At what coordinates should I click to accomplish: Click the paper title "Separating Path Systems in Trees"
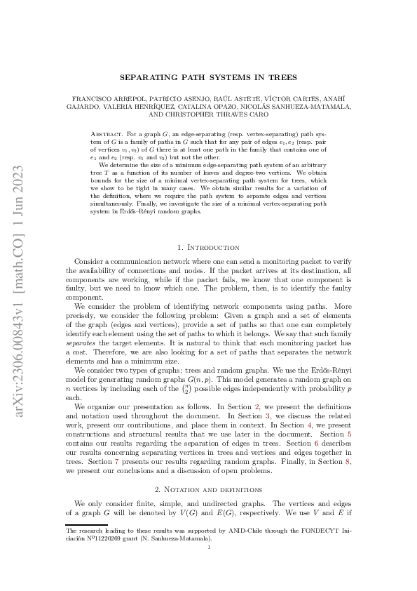[208, 77]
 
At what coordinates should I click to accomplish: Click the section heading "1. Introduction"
[208, 247]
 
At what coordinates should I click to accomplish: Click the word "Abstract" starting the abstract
[106, 132]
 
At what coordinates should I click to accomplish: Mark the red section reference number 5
[348, 435]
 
